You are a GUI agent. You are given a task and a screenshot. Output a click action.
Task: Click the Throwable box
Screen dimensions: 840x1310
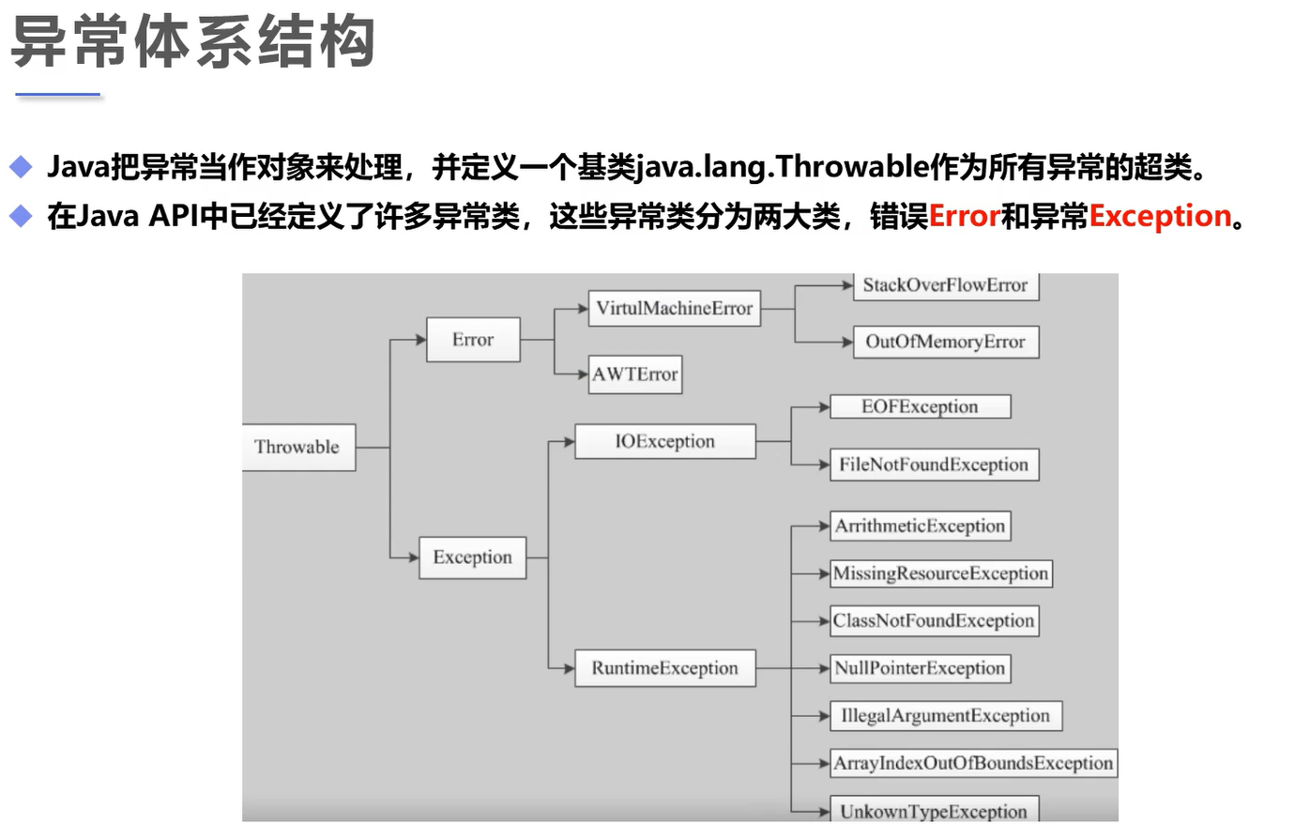(x=297, y=447)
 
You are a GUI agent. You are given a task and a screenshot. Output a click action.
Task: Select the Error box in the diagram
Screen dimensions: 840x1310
(x=473, y=340)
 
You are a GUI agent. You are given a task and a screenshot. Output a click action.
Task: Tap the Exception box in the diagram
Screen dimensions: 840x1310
(x=472, y=557)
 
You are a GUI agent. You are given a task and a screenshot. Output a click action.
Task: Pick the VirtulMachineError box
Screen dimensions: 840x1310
(x=674, y=308)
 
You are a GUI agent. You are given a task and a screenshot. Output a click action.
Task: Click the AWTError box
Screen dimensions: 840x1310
(x=635, y=374)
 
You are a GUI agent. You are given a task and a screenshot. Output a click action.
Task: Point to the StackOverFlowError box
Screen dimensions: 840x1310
(x=945, y=285)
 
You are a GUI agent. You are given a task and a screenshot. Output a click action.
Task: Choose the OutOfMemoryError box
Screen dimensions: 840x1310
(x=945, y=342)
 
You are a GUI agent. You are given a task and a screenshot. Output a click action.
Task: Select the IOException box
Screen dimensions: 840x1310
(x=664, y=441)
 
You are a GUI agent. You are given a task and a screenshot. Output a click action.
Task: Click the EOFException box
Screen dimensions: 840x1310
(x=920, y=406)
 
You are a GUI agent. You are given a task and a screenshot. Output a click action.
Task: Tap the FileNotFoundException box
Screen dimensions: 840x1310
(x=934, y=465)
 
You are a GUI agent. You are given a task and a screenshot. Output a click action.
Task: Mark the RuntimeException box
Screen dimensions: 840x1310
(x=664, y=668)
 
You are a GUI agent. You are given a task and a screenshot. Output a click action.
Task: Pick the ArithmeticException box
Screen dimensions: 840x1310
(x=920, y=526)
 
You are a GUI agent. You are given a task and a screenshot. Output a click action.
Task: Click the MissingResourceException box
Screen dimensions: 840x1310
(x=940, y=573)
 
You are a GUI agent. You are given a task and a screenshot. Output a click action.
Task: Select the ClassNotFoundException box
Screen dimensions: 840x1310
(x=934, y=620)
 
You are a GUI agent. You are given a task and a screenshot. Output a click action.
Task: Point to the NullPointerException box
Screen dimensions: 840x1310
(x=920, y=668)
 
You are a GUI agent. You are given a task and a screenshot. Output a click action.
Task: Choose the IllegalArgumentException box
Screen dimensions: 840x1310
(x=945, y=716)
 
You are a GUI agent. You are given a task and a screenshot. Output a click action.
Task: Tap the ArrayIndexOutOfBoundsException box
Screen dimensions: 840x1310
(x=973, y=763)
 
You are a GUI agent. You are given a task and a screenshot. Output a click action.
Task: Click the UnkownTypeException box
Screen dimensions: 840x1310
(x=934, y=810)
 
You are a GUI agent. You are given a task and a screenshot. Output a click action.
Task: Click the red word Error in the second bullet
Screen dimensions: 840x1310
(x=964, y=217)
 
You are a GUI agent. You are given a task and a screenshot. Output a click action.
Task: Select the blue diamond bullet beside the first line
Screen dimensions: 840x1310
(x=21, y=168)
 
